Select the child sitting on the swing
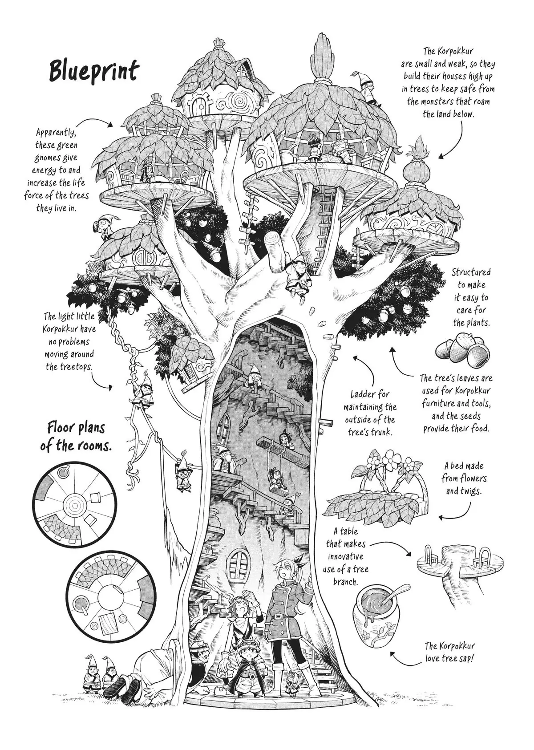point(278,479)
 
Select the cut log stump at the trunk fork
point(276,248)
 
